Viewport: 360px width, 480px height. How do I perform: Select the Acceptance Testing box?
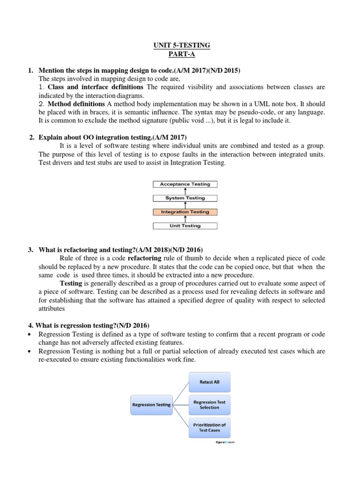pyautogui.click(x=185, y=184)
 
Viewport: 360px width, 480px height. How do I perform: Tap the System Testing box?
pyautogui.click(x=185, y=198)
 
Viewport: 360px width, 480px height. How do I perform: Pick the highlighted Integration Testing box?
pyautogui.click(x=185, y=212)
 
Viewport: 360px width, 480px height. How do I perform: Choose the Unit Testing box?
pyautogui.click(x=185, y=226)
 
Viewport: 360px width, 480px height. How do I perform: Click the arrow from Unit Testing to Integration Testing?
pyautogui.click(x=186, y=219)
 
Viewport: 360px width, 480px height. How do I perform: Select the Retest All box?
pyautogui.click(x=210, y=382)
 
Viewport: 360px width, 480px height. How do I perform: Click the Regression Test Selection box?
pyautogui.click(x=210, y=405)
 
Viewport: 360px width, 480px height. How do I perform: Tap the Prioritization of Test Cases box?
pyautogui.click(x=210, y=427)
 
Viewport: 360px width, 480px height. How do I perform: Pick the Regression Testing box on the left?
pyautogui.click(x=151, y=405)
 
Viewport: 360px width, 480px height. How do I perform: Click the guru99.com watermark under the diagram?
pyautogui.click(x=222, y=442)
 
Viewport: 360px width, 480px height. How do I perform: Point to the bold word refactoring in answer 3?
pyautogui.click(x=144, y=258)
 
